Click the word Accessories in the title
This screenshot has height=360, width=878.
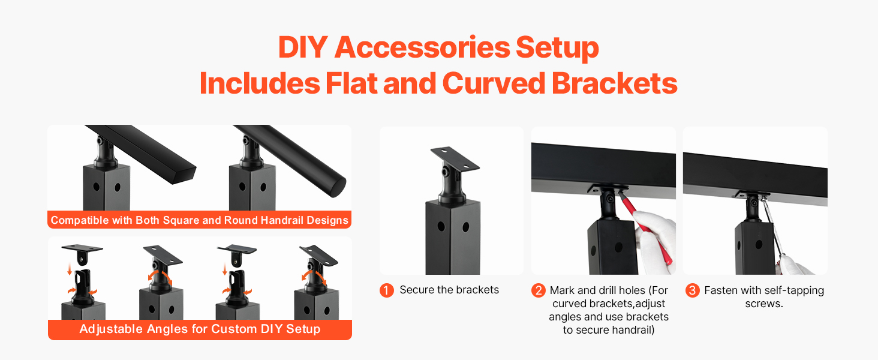coord(422,47)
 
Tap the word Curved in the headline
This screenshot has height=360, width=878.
coord(494,83)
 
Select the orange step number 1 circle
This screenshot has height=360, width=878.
coord(386,290)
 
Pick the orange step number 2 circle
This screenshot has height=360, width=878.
coord(538,290)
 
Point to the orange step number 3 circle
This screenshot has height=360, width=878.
coord(692,290)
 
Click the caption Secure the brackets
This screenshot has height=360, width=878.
coord(449,290)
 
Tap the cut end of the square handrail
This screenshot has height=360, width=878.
coord(185,175)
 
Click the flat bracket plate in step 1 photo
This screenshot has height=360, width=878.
coord(455,158)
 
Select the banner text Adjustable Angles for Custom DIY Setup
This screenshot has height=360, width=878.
coord(200,329)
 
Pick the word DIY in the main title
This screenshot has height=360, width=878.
coord(303,47)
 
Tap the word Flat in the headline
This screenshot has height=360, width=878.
coord(351,83)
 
